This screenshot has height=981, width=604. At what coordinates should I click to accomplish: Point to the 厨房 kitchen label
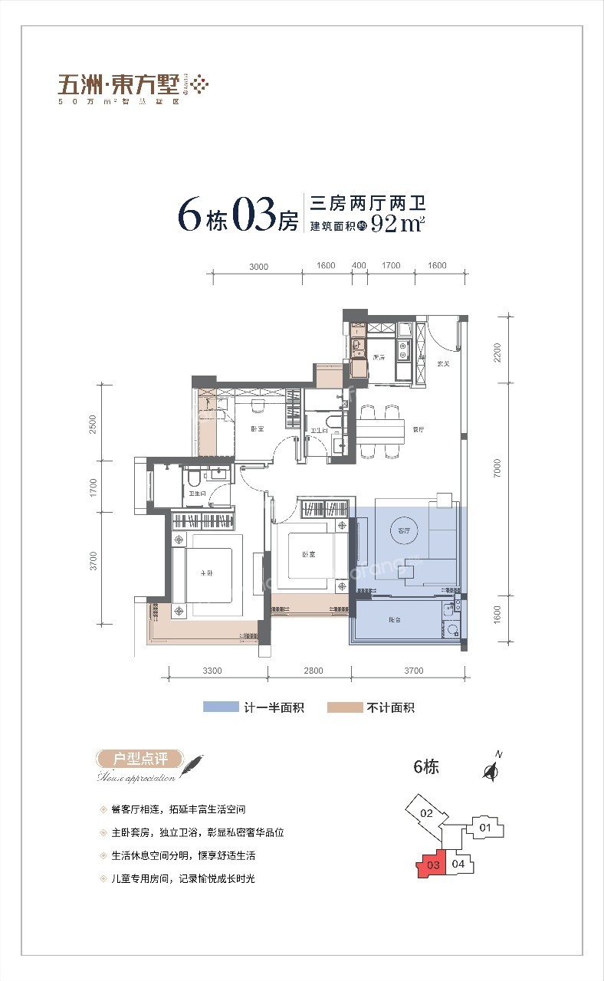coord(378,357)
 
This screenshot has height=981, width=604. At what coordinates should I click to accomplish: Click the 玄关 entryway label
coord(442,364)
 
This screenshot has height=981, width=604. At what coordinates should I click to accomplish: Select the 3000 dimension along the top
coord(258,266)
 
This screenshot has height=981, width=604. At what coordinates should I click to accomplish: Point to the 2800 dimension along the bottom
coord(313,671)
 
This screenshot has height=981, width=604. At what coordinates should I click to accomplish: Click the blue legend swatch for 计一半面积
coord(221,707)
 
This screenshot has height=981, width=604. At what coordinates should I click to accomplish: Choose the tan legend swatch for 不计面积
coord(345,707)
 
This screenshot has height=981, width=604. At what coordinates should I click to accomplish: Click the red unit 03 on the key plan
coord(432,865)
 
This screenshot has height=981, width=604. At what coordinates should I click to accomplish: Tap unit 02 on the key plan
coord(427,814)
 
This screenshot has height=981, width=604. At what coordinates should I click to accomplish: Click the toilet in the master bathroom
coord(195,480)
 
